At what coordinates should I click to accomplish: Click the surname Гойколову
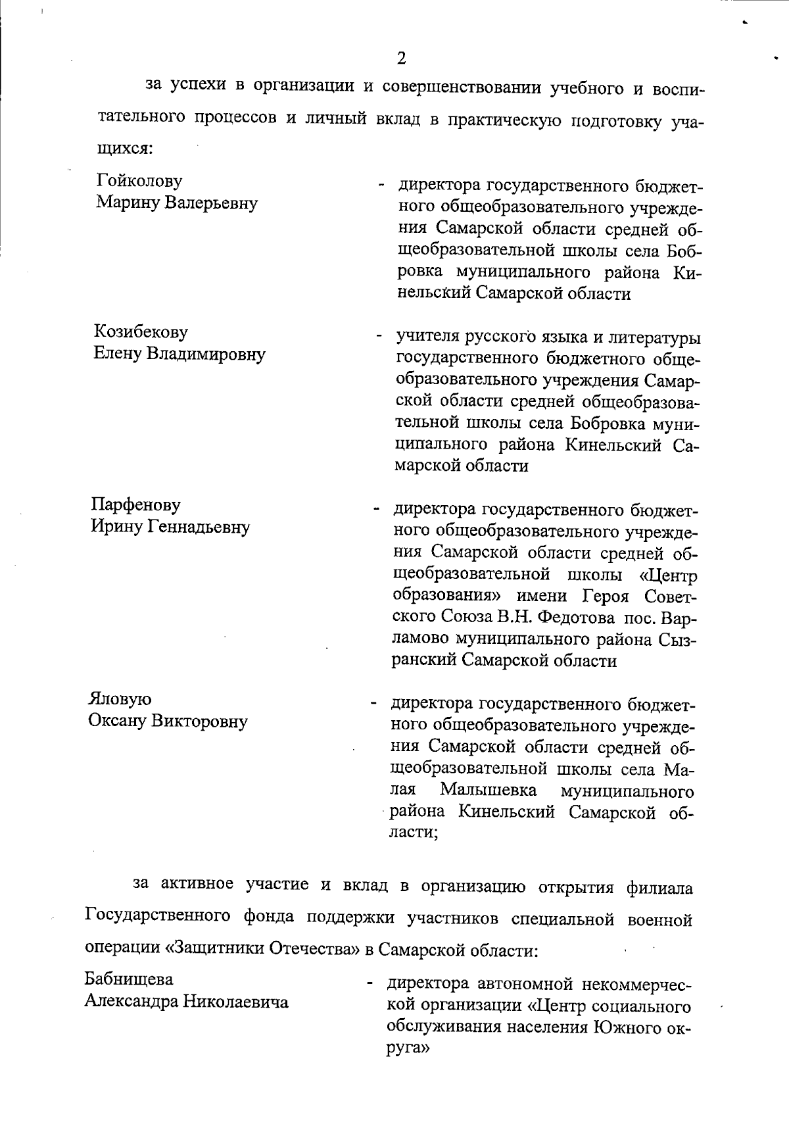(x=139, y=180)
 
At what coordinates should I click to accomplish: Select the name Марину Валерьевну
(x=177, y=203)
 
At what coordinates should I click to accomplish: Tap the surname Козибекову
(x=141, y=332)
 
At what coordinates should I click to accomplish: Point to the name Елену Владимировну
(x=179, y=354)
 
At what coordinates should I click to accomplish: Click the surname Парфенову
(x=135, y=505)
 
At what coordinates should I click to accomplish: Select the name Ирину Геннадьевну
(x=170, y=527)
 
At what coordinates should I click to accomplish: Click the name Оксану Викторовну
(x=168, y=721)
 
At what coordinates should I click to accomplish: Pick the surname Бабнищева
(x=129, y=979)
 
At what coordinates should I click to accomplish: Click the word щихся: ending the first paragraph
(x=122, y=149)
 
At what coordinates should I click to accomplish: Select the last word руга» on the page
(x=408, y=1050)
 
